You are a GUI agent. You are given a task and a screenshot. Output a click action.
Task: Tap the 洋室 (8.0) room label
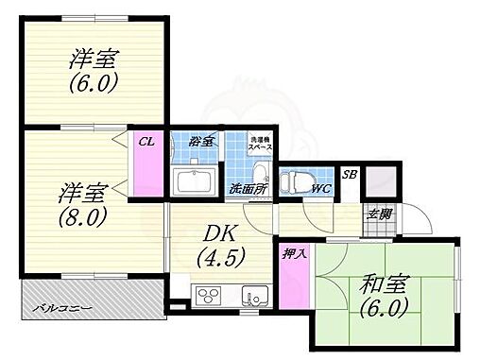pyautogui.click(x=81, y=200)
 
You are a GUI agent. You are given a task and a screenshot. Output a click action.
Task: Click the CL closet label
pyautogui.click(x=146, y=142)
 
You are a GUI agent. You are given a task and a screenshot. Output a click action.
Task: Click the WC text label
pyautogui.click(x=320, y=187)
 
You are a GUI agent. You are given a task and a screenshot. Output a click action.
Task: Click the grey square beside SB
pyautogui.click(x=381, y=180)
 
